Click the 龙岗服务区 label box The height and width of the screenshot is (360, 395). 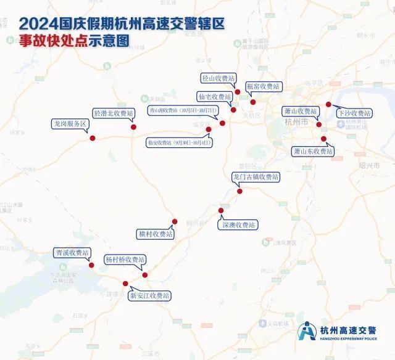click(70, 124)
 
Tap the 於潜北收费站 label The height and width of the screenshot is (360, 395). click(113, 113)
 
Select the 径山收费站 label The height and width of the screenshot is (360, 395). click(218, 78)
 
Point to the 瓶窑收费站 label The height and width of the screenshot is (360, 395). click(263, 86)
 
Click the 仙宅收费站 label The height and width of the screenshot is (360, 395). click(214, 97)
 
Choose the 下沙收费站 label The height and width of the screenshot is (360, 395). click(354, 113)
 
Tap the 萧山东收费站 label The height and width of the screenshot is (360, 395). click(312, 151)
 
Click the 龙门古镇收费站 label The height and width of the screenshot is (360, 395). click(256, 177)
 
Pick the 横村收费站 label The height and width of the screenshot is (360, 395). click(156, 234)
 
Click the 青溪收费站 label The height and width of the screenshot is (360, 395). click(72, 253)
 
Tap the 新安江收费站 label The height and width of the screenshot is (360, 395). click(149, 296)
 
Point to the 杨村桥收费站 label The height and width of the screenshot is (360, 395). click(125, 260)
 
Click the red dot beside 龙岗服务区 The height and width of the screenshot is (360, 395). click(93, 138)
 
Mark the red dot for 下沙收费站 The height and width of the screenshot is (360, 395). click(328, 104)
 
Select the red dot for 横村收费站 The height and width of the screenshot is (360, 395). click(175, 222)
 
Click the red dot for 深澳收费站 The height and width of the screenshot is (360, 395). click(221, 211)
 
